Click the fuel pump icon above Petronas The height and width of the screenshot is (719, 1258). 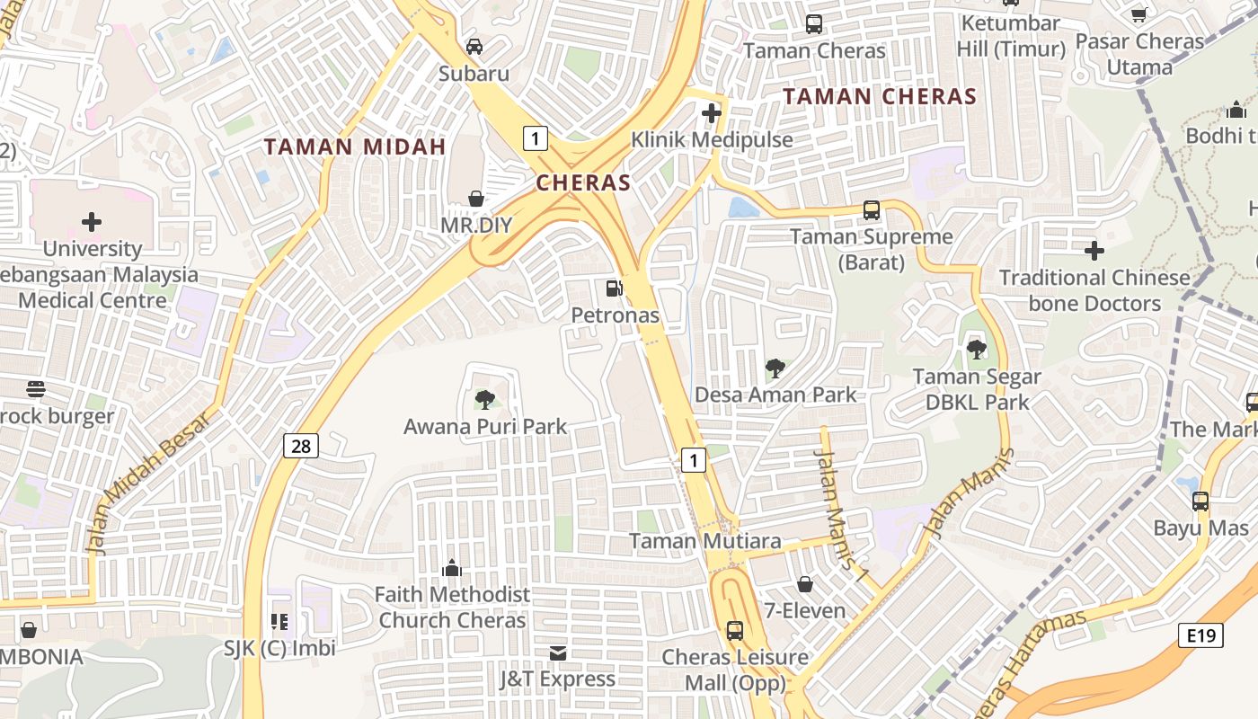point(615,288)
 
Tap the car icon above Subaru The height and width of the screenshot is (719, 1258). point(474,47)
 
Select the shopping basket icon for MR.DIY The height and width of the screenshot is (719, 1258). point(476,199)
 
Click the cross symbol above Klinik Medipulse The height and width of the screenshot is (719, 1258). point(712,113)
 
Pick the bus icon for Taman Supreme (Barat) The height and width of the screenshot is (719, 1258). point(871,210)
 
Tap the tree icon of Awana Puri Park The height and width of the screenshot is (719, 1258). point(485,399)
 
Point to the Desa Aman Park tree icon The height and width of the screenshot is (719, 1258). point(775,368)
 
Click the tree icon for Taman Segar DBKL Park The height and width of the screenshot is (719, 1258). point(977,350)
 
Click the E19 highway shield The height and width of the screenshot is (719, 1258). point(1200,636)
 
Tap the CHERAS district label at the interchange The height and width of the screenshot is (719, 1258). point(583,182)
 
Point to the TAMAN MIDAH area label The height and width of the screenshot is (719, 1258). point(355,146)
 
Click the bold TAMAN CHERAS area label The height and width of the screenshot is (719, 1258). point(879,96)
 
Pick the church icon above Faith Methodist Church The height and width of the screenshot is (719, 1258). point(452,568)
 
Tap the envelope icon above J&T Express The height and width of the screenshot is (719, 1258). point(558,653)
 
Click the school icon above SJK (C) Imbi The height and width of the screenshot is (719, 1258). point(279,621)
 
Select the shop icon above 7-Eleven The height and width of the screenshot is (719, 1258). point(805,584)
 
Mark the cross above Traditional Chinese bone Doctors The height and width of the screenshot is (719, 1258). point(1094,250)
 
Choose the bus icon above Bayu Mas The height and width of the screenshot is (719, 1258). point(1200,502)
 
